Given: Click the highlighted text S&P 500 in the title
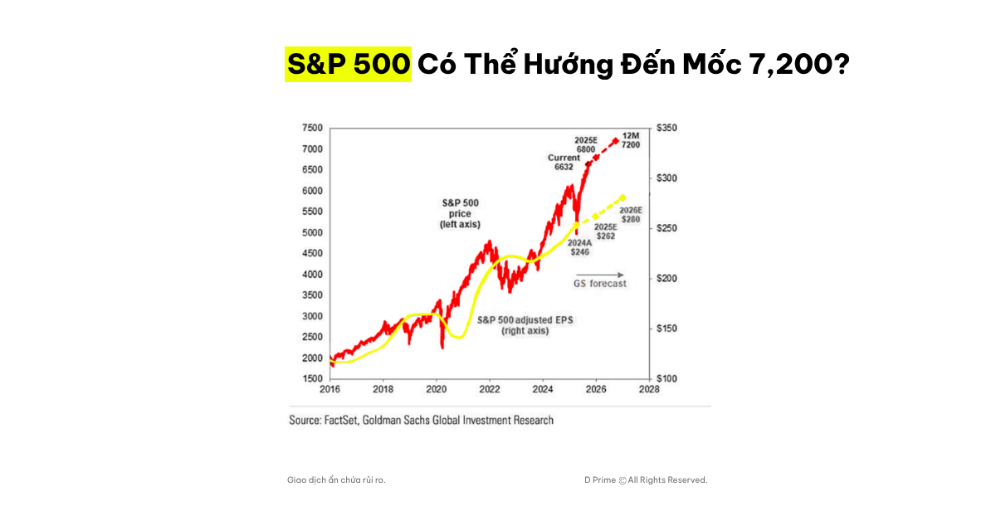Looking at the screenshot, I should [x=348, y=64].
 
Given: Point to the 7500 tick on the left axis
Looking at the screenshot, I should [x=312, y=128].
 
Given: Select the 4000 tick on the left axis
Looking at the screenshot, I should [x=312, y=275].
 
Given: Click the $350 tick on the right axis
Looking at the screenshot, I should [x=667, y=128].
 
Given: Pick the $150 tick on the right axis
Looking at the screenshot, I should [x=667, y=329].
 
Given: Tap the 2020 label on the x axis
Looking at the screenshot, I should [x=437, y=389].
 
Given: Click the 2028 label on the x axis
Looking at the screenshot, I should [x=649, y=389].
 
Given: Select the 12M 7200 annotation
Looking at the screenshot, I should [x=631, y=139].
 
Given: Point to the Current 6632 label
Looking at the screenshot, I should [x=564, y=162].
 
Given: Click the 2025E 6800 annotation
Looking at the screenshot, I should [x=586, y=143].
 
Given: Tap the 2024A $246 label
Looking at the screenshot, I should [x=579, y=246].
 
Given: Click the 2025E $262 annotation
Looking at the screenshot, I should [x=604, y=231].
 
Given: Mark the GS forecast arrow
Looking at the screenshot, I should [x=599, y=274].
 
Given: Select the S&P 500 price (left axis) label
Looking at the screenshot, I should [x=460, y=213].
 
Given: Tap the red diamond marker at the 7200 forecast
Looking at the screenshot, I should [x=615, y=141].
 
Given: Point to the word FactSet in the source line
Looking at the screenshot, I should [x=341, y=420].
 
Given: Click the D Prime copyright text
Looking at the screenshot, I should [x=645, y=480].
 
